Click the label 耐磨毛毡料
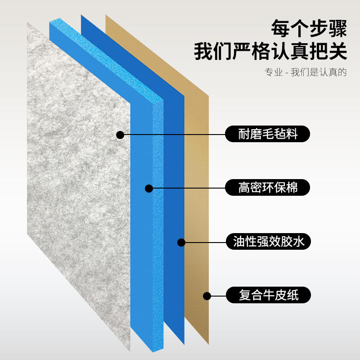[x=268, y=134]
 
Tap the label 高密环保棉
[x=268, y=187]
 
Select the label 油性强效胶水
[x=268, y=242]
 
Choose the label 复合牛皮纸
[x=268, y=296]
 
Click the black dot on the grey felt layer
[x=120, y=134]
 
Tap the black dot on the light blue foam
[x=149, y=188]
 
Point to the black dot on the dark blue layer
[x=181, y=242]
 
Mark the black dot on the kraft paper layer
[x=207, y=296]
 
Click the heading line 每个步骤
[x=309, y=29]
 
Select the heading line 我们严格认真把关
[x=270, y=51]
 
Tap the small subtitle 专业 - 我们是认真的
[x=306, y=72]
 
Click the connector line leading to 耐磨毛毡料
[x=173, y=134]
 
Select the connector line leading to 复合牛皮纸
[x=218, y=296]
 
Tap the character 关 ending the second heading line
[x=338, y=51]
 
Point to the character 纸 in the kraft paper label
[x=297, y=296]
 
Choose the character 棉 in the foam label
[x=297, y=187]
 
